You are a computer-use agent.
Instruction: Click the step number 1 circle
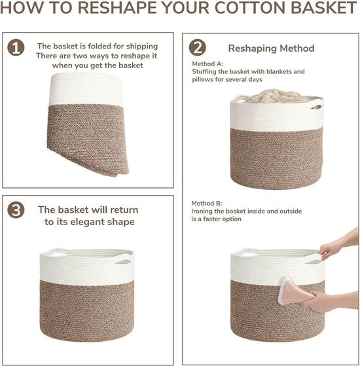click(x=16, y=48)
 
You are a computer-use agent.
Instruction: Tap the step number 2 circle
click(x=198, y=47)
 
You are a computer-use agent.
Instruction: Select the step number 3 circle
click(x=16, y=210)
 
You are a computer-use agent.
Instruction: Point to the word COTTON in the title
click(x=249, y=7)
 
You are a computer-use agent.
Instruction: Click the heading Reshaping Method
click(x=271, y=48)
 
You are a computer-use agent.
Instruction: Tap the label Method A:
click(x=207, y=64)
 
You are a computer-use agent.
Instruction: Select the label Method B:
click(x=207, y=204)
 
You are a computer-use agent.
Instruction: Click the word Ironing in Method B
click(x=202, y=211)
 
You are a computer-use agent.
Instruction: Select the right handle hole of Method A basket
click(x=316, y=107)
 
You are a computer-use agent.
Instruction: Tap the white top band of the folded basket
click(x=86, y=88)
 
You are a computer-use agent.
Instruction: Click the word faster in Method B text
click(x=213, y=219)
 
